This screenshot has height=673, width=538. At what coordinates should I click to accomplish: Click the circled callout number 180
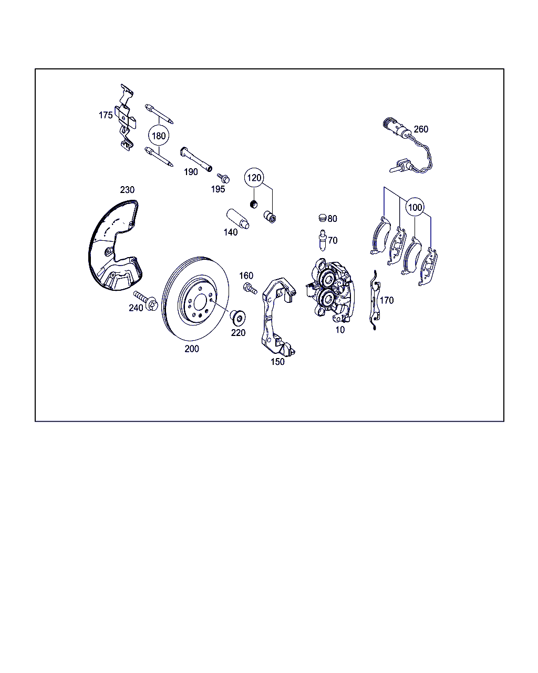tap(159, 136)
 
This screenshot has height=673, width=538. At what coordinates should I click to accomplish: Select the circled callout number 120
tap(254, 178)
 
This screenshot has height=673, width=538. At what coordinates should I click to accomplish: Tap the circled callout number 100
tap(415, 207)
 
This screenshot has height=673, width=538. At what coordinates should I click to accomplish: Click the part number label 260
tap(421, 129)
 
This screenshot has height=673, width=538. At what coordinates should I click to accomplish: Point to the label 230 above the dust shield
tap(127, 190)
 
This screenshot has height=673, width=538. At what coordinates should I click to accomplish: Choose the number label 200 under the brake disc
tap(192, 349)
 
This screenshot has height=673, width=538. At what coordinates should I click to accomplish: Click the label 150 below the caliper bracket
tap(277, 362)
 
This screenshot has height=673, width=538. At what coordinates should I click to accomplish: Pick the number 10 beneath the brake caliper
tap(340, 330)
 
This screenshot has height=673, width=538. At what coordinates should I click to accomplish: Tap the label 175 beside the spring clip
tap(106, 115)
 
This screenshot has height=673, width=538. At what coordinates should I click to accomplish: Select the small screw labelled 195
tap(224, 178)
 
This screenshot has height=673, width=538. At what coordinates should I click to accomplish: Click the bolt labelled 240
tap(146, 300)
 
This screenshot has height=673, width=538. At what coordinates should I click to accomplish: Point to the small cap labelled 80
tap(322, 218)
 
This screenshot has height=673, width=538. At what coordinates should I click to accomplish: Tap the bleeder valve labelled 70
tap(323, 240)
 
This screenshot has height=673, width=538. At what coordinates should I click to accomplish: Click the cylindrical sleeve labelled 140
tap(238, 219)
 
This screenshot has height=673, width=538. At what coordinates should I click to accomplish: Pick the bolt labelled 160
tap(250, 288)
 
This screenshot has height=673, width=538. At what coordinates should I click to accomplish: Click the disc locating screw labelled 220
tap(238, 317)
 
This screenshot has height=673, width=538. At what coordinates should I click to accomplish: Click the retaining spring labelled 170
tap(375, 300)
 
